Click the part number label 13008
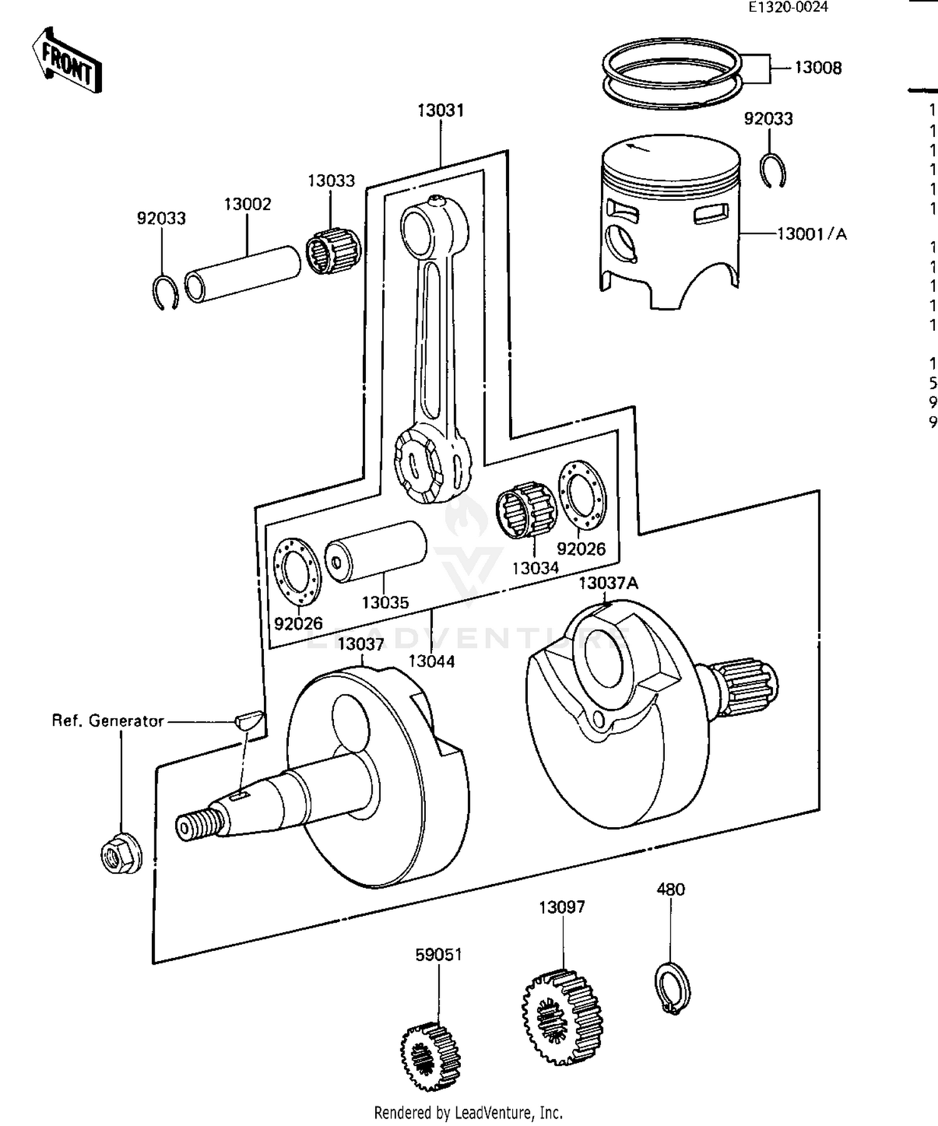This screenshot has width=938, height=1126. [818, 68]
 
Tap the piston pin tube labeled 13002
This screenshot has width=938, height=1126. [243, 274]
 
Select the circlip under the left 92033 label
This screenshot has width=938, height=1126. [166, 292]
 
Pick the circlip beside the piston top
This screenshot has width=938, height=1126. [774, 171]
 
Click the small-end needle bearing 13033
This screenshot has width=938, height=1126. [334, 251]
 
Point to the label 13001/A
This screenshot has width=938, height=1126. [812, 234]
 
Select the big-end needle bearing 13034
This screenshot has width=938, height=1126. [527, 510]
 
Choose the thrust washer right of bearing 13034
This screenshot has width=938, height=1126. [582, 494]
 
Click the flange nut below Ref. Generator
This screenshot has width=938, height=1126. [121, 854]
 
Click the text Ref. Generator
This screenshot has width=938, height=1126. [108, 721]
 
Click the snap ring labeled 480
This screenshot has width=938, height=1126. [673, 988]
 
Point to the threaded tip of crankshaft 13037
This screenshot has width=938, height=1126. [198, 826]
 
